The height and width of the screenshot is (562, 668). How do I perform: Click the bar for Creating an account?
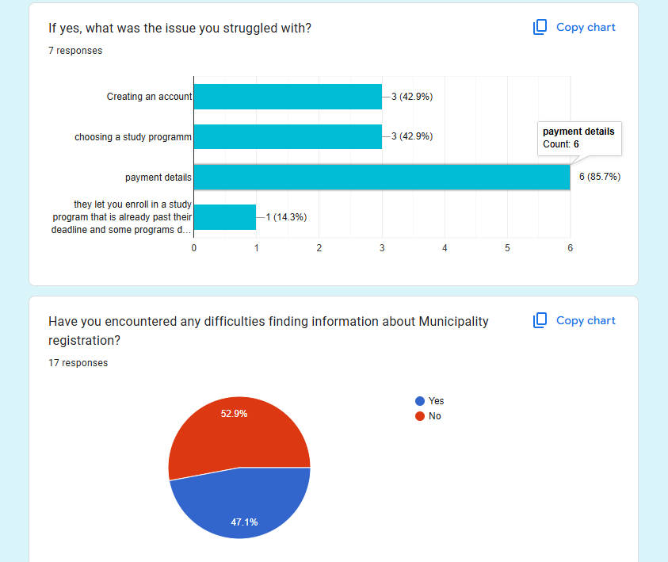(288, 97)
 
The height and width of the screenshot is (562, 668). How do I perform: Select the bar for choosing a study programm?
(288, 136)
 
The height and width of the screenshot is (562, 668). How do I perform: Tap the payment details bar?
(381, 177)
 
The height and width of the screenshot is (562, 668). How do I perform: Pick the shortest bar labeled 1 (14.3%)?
(225, 217)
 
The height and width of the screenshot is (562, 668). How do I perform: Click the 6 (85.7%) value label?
(599, 177)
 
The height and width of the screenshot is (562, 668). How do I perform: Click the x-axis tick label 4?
(445, 248)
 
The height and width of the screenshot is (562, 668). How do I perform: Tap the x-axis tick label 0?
(194, 248)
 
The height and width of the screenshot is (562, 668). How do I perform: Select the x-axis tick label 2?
(319, 248)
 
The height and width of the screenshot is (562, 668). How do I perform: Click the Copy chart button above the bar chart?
(574, 27)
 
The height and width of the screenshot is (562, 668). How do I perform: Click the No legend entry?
(434, 416)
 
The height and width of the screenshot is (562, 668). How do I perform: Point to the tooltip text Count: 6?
(561, 144)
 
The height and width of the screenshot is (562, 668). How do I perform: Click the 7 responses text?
(75, 51)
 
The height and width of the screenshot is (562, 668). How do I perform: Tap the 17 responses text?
(78, 363)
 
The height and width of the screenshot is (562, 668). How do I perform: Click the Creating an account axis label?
(149, 97)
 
